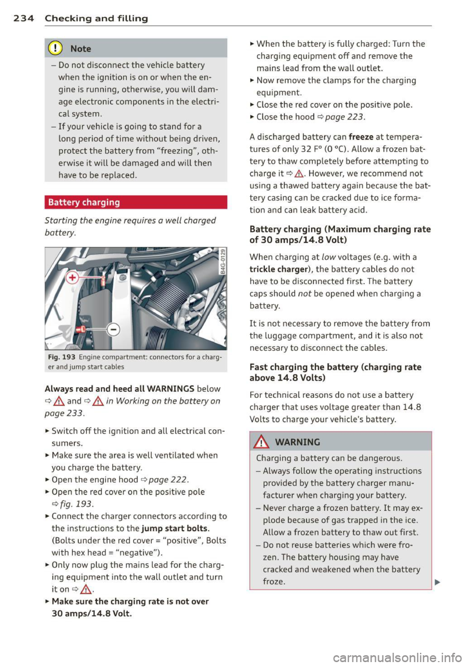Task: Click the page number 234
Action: point(23,19)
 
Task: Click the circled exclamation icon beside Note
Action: point(57,48)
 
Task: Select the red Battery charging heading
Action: point(84,203)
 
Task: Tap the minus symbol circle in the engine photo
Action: point(114,329)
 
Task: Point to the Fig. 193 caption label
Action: point(61,357)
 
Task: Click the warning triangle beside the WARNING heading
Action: point(262,442)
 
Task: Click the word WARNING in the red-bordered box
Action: point(297,442)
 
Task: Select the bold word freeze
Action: point(361,137)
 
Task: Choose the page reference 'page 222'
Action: point(168,480)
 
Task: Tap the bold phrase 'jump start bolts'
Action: point(175,528)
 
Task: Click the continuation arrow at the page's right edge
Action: point(437,582)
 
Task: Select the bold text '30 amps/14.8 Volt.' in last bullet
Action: point(92,614)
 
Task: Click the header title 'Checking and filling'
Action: point(96,19)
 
